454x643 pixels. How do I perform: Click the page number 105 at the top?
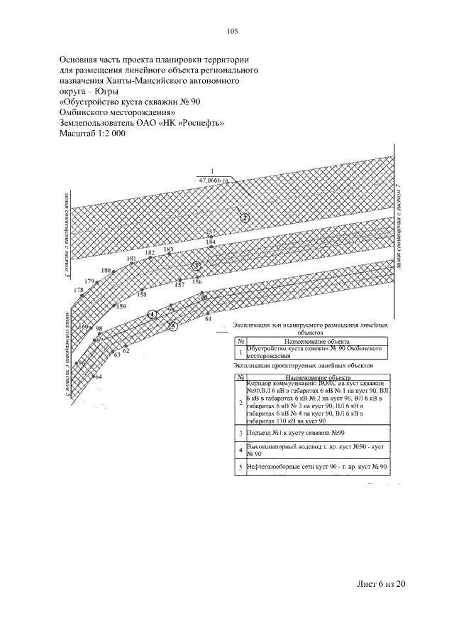[232, 31]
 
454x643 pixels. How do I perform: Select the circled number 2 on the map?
[245, 218]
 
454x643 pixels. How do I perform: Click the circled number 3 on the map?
[197, 266]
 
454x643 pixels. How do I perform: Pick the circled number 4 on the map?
[152, 313]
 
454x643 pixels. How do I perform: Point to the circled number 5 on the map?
[172, 325]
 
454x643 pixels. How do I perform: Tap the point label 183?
[168, 250]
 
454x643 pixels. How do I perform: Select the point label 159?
[121, 306]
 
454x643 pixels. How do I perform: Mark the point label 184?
[211, 243]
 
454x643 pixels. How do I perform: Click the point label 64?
[98, 376]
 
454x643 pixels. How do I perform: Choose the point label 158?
[142, 293]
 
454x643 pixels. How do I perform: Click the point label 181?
[131, 259]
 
